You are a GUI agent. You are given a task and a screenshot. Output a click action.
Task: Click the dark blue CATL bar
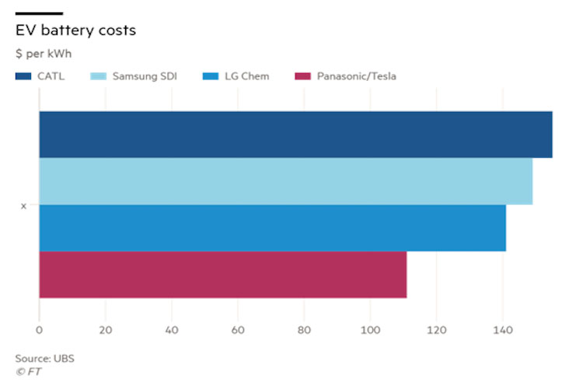tap(295, 135)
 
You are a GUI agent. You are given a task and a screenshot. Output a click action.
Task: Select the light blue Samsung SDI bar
tap(285, 181)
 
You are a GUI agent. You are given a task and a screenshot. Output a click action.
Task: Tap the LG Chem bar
tap(272, 228)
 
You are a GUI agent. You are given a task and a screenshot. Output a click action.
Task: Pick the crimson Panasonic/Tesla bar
tap(222, 275)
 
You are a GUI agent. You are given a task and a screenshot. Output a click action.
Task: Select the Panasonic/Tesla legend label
tap(356, 76)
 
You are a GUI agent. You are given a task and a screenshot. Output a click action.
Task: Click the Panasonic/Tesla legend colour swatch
tap(302, 76)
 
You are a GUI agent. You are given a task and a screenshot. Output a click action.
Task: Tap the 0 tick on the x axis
tap(39, 331)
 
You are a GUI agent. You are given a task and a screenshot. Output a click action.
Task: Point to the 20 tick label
tap(105, 331)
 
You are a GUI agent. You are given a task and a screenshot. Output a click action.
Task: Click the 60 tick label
tap(238, 331)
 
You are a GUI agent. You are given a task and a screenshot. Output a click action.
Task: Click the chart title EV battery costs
tap(75, 31)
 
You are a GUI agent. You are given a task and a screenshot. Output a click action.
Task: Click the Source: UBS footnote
tap(44, 359)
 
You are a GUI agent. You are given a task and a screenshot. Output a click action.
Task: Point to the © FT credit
tap(28, 371)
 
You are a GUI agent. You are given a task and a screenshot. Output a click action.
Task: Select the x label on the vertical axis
tap(23, 205)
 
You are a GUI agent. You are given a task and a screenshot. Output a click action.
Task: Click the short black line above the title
tap(39, 13)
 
